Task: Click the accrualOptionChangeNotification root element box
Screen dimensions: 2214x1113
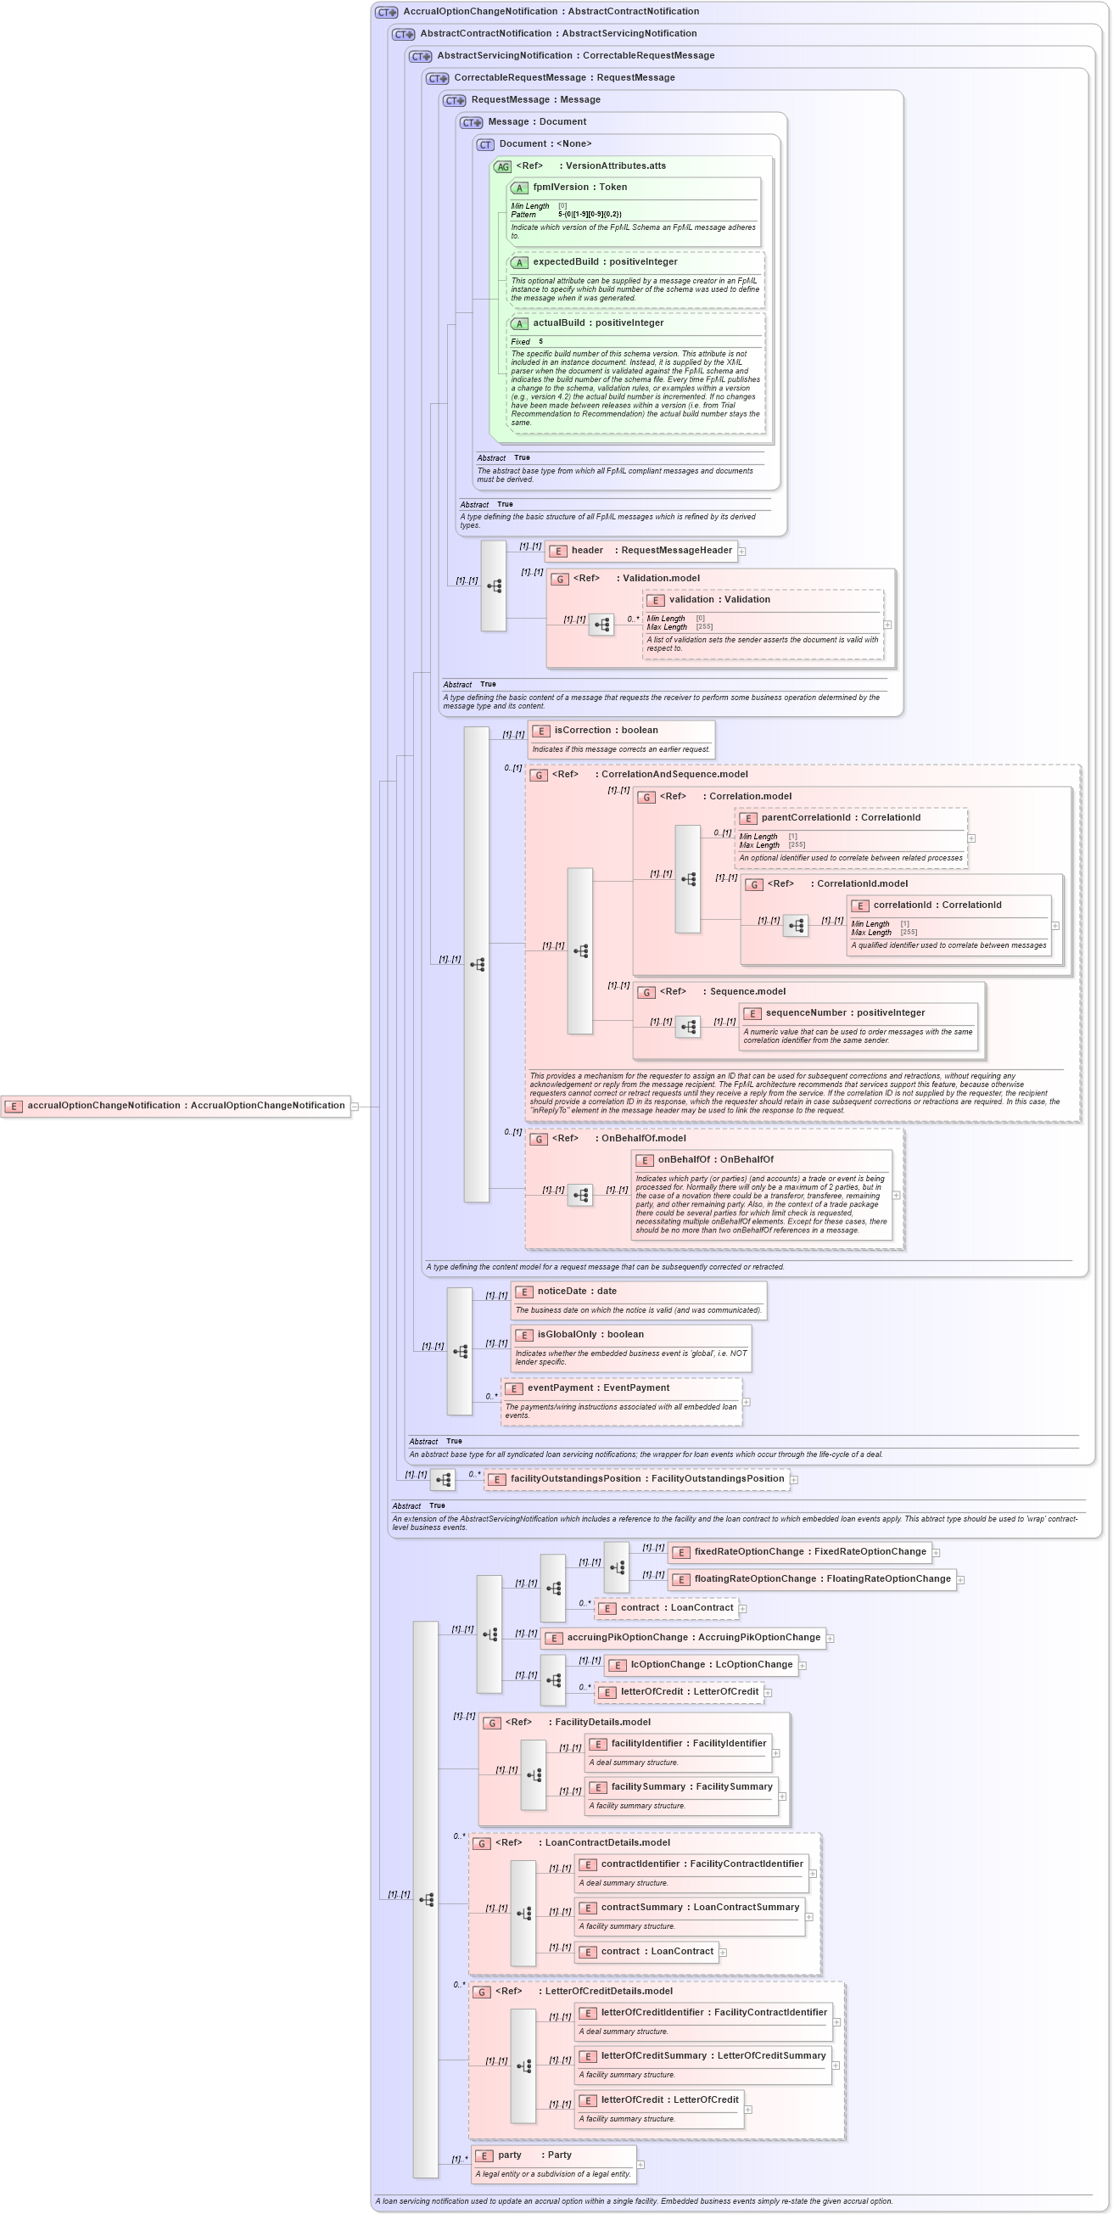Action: click(x=176, y=1106)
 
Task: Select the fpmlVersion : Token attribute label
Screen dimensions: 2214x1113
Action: click(x=579, y=188)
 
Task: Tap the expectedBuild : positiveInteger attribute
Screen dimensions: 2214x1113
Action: click(x=604, y=262)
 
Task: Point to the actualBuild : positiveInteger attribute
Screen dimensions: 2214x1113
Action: click(x=597, y=323)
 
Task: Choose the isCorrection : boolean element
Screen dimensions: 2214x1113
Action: click(x=606, y=731)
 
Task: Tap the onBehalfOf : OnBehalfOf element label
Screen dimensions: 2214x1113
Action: click(x=715, y=1159)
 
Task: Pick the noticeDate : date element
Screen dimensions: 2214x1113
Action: click(x=577, y=1291)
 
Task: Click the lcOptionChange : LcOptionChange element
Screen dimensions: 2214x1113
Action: click(x=702, y=1665)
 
